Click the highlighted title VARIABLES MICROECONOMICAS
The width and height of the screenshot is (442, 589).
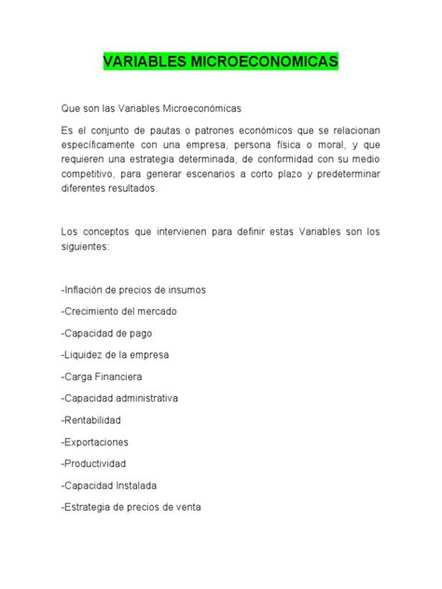tap(220, 62)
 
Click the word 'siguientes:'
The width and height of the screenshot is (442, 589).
tap(85, 247)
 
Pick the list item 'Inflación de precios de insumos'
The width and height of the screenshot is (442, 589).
tap(133, 289)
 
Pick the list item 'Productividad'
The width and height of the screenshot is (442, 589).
tap(93, 463)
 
